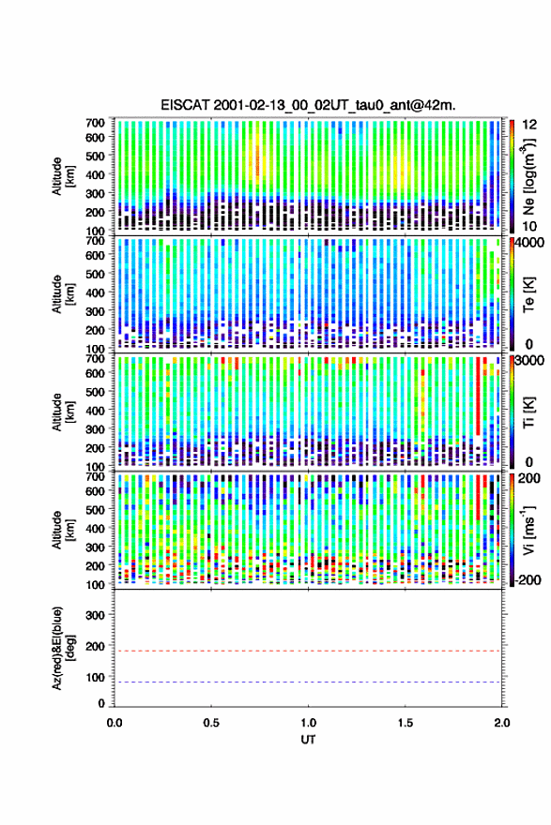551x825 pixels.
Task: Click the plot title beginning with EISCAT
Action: click(x=308, y=105)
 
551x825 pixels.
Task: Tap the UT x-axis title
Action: click(x=308, y=740)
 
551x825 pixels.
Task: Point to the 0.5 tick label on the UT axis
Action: click(x=211, y=723)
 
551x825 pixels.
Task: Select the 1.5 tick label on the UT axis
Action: click(x=406, y=723)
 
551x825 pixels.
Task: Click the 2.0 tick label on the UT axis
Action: click(x=502, y=723)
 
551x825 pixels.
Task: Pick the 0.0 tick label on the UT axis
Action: click(x=115, y=723)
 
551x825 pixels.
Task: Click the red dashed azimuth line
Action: click(x=308, y=651)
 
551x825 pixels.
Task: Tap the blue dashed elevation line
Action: click(x=308, y=682)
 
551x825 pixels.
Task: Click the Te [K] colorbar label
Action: click(x=528, y=294)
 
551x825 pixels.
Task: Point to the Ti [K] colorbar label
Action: click(x=528, y=412)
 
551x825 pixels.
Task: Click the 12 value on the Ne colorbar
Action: click(x=529, y=125)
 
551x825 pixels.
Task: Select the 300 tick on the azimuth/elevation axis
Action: click(x=96, y=615)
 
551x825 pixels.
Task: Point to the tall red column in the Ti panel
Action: click(x=478, y=396)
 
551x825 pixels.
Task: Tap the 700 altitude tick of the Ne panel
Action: click(x=96, y=122)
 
